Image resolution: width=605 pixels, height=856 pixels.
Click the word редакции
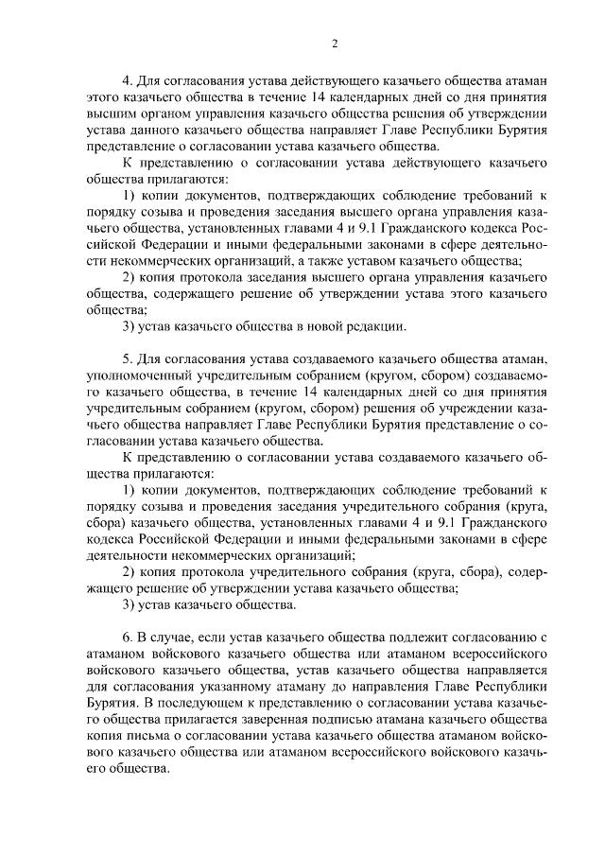click(373, 327)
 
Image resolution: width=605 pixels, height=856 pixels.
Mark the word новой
click(325, 327)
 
